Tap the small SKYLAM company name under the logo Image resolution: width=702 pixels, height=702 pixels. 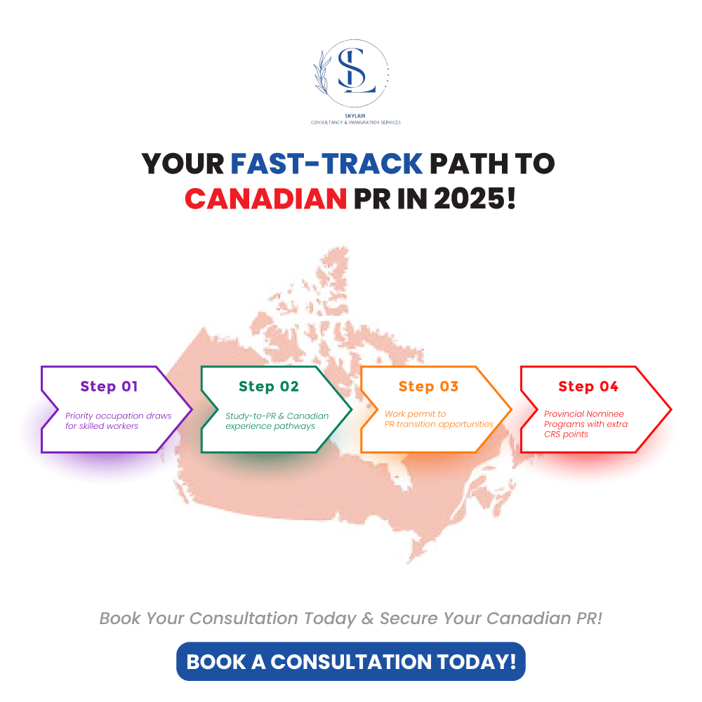355,116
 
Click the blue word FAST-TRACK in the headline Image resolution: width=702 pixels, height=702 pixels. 326,164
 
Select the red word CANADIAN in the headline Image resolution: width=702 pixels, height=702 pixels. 265,199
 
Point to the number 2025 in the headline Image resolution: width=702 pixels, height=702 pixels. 475,199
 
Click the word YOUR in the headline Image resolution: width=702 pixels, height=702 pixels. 183,164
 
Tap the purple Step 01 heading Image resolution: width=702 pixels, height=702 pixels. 109,386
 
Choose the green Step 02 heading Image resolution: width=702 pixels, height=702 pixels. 269,386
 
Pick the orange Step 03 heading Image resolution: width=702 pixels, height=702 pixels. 428,386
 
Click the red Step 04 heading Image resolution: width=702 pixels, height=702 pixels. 588,386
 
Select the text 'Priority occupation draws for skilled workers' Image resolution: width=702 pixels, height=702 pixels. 118,420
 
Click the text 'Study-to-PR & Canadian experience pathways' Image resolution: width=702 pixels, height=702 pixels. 277,420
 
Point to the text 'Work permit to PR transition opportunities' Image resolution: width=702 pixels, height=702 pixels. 439,419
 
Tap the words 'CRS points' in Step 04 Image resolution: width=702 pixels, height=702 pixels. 566,435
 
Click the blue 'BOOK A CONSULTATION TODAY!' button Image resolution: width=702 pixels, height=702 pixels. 351,662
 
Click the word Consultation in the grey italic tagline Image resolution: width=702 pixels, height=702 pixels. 243,618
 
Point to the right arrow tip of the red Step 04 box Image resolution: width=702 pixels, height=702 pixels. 671,409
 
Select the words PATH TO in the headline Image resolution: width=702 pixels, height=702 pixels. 492,164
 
